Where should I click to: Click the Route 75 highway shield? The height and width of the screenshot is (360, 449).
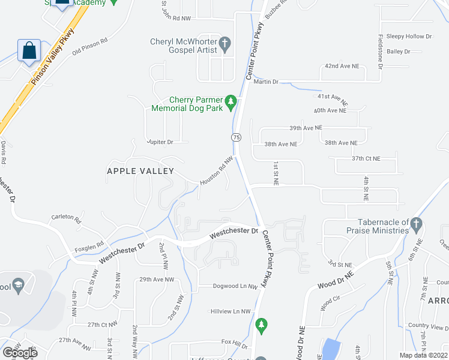pyautogui.click(x=237, y=137)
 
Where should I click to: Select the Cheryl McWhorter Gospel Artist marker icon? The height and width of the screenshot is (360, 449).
pyautogui.click(x=224, y=44)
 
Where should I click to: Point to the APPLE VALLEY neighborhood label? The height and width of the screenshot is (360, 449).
pyautogui.click(x=140, y=171)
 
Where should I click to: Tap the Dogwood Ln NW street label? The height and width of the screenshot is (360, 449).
pyautogui.click(x=235, y=286)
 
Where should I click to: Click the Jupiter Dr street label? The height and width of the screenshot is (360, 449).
pyautogui.click(x=160, y=142)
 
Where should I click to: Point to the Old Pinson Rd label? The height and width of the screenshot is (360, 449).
pyautogui.click(x=89, y=47)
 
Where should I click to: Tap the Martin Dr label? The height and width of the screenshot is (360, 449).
pyautogui.click(x=266, y=82)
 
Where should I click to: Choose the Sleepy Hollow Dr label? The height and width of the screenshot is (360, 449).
pyautogui.click(x=409, y=37)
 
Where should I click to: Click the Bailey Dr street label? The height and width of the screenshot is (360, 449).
pyautogui.click(x=398, y=52)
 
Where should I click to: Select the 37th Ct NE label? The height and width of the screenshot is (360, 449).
pyautogui.click(x=366, y=158)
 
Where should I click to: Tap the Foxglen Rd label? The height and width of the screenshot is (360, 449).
pyautogui.click(x=89, y=244)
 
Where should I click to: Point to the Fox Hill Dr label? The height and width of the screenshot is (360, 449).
pyautogui.click(x=234, y=343)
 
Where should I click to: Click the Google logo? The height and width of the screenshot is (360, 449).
pyautogui.click(x=20, y=352)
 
